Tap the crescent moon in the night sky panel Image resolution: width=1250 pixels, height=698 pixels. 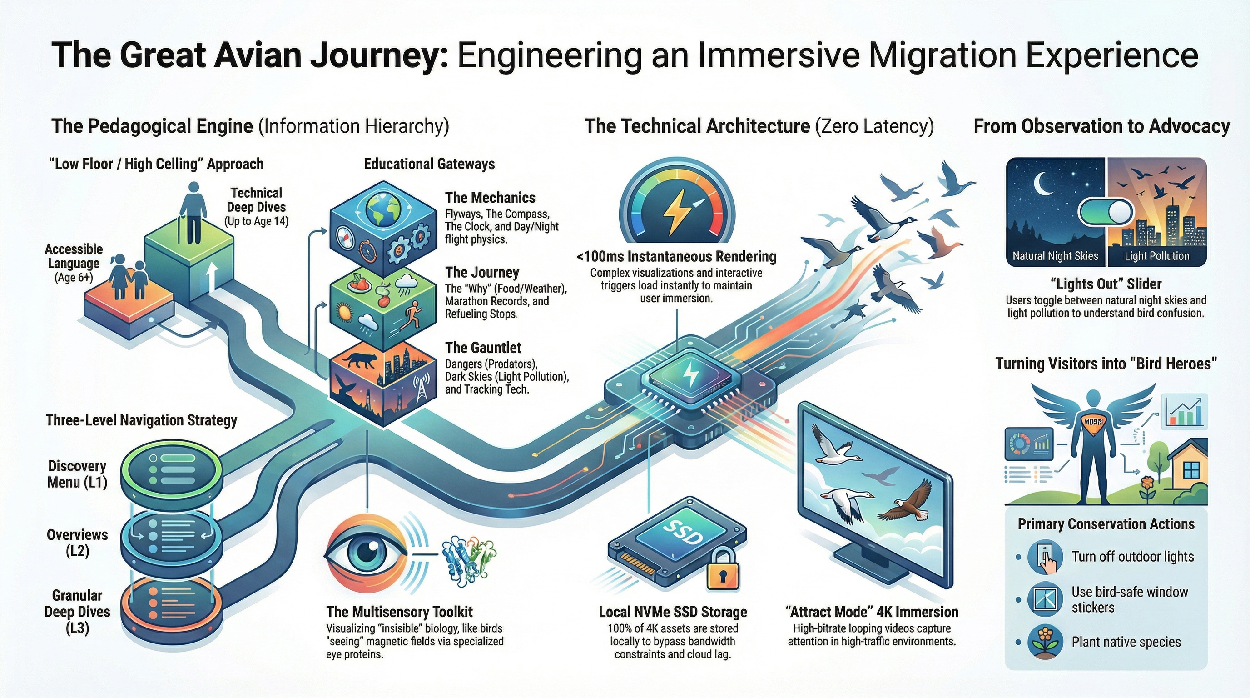click(x=1039, y=184)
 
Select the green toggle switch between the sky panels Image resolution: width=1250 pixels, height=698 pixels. click(x=1106, y=212)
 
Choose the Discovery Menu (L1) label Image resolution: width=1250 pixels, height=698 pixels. click(x=77, y=474)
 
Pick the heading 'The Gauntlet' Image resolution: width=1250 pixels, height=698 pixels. click(x=483, y=348)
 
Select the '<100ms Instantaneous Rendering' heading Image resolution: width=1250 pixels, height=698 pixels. click(x=676, y=256)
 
